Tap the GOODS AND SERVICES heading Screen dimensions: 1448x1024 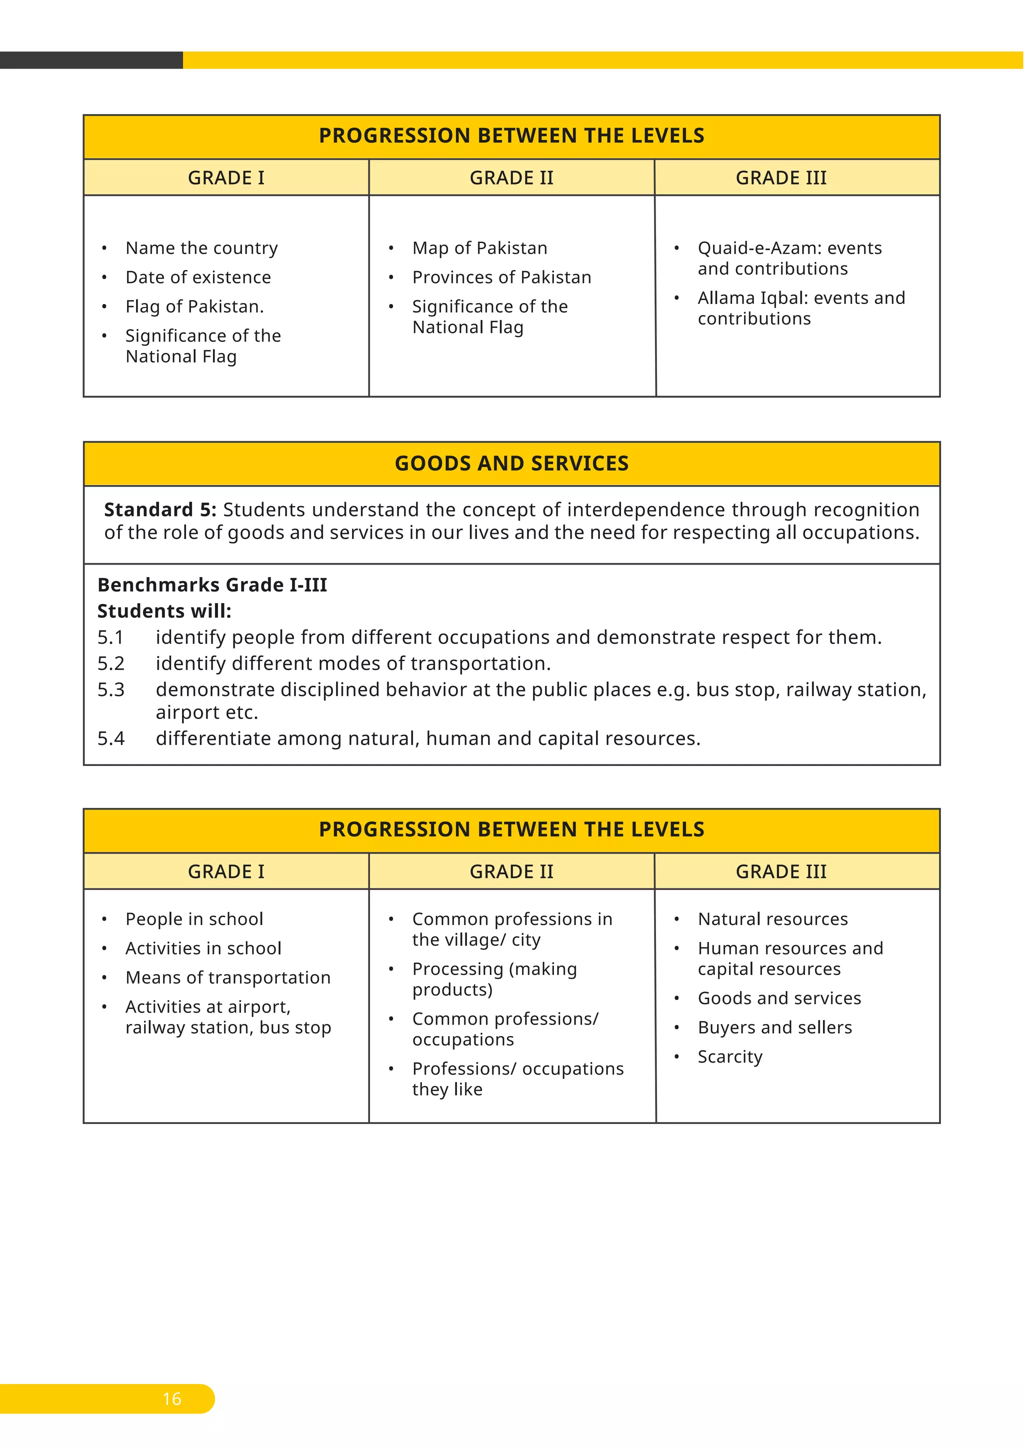[x=511, y=463]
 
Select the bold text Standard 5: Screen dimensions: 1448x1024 [x=159, y=509]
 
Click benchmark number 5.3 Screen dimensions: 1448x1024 [x=111, y=690]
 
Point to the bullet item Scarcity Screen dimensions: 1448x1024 [x=729, y=1056]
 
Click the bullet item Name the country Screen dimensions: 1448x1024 [x=201, y=248]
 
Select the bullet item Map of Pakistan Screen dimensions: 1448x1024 [x=479, y=248]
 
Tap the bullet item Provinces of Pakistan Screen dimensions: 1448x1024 [x=501, y=277]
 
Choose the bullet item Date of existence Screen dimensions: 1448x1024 [x=198, y=277]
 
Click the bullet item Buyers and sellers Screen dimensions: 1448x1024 [x=774, y=1027]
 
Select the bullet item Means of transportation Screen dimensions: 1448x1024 [x=227, y=977]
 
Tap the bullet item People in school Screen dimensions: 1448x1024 [x=194, y=919]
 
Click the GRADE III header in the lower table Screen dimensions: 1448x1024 [x=780, y=871]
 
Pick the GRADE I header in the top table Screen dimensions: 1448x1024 [x=225, y=178]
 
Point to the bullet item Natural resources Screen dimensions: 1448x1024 [x=772, y=919]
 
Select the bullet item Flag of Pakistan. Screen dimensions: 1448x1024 [x=194, y=306]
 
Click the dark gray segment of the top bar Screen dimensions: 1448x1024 [x=91, y=60]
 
